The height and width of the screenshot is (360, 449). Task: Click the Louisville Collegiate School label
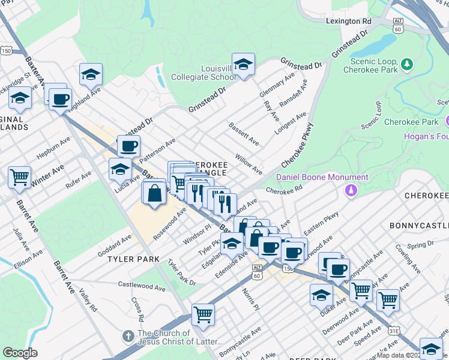(x=203, y=73)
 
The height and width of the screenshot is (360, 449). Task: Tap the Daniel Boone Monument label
(x=322, y=178)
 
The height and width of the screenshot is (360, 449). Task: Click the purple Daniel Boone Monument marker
(x=351, y=191)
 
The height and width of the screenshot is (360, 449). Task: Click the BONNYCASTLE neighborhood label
(x=419, y=225)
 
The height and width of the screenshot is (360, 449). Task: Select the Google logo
(x=20, y=353)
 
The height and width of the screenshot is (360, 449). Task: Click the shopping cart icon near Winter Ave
(x=20, y=177)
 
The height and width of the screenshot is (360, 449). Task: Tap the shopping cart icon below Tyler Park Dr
(x=203, y=314)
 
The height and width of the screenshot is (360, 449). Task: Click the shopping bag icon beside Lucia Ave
(x=154, y=193)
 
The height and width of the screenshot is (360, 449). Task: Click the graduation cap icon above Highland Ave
(x=91, y=74)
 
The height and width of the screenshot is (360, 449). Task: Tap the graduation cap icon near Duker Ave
(x=321, y=295)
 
